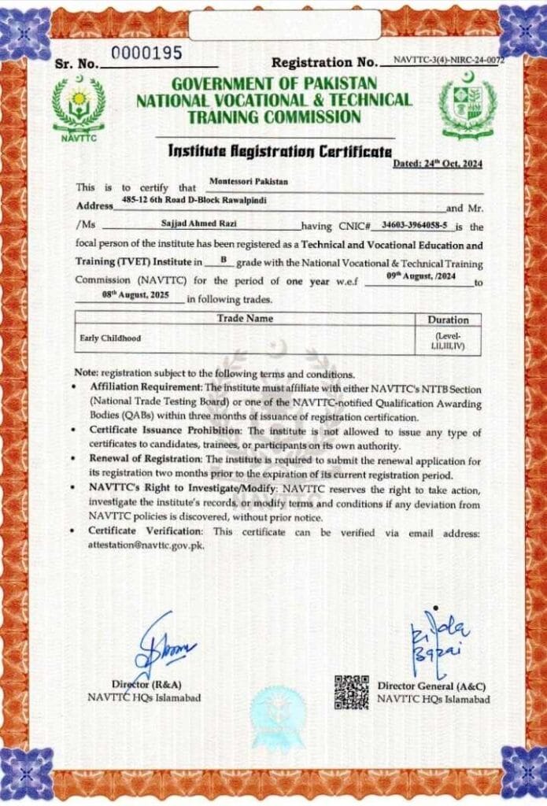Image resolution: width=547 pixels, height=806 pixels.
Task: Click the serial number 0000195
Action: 146,54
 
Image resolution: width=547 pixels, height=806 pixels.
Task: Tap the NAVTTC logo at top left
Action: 79,109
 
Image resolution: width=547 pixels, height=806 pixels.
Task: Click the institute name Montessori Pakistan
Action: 249,182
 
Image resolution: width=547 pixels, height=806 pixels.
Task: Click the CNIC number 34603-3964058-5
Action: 412,225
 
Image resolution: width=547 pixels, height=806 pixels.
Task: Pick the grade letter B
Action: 223,258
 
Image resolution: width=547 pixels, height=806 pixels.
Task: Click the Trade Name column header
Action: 245,319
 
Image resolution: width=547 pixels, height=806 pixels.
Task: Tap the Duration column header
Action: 448,320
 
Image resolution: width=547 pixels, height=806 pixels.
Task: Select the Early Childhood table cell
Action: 110,338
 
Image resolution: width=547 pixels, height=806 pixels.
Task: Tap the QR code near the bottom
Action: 352,691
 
